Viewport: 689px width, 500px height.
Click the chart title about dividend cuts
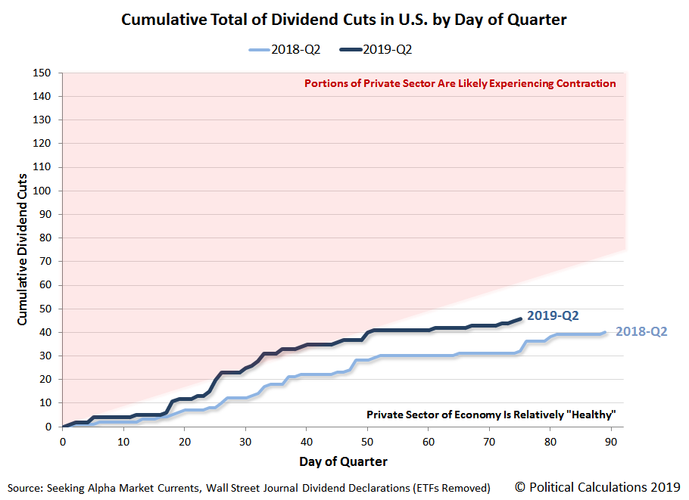[344, 20]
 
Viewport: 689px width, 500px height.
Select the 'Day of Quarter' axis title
[343, 461]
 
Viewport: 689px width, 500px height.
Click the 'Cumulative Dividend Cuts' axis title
[23, 250]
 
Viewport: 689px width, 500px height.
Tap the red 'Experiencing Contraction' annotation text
[460, 84]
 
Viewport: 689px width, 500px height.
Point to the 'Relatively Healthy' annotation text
[491, 415]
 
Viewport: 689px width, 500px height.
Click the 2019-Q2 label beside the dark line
[553, 316]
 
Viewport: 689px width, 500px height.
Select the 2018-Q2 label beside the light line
[641, 331]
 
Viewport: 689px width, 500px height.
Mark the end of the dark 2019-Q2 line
[519, 318]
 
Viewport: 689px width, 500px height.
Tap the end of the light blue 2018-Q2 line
[604, 332]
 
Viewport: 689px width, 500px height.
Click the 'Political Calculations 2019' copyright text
[598, 486]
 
